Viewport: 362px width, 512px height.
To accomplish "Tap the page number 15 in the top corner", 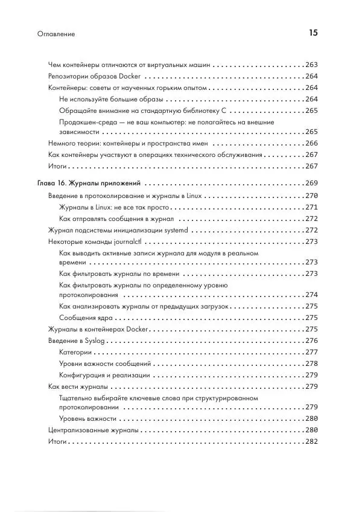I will [313, 33].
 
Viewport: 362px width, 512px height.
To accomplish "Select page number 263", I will [311, 65].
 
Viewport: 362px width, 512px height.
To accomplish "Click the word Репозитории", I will [68, 77].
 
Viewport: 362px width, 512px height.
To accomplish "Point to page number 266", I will [311, 144].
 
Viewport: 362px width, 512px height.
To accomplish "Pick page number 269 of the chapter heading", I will [311, 183].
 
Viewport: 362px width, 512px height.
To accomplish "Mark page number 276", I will [311, 341].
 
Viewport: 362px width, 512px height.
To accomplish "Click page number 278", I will [311, 363].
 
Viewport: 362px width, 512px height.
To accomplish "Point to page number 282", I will [311, 442].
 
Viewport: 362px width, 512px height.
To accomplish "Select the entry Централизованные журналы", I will [93, 430].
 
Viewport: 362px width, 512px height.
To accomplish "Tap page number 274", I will [311, 295].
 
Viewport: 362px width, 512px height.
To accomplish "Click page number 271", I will [311, 208].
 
